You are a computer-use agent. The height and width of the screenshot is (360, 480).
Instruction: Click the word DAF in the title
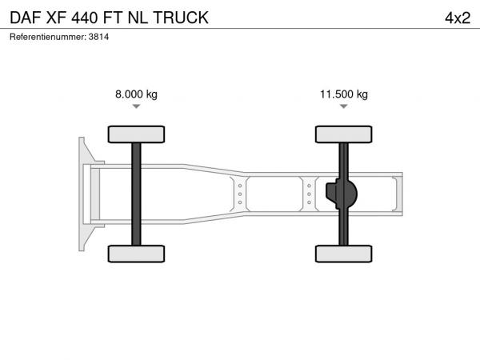click(26, 18)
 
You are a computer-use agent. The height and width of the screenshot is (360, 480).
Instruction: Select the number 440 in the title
click(85, 18)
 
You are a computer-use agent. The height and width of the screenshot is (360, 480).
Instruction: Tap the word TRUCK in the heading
click(181, 18)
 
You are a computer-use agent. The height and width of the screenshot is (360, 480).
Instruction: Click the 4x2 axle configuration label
click(458, 18)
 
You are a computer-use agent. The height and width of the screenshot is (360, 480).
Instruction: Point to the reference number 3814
click(98, 37)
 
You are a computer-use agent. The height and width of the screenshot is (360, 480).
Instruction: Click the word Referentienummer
click(48, 37)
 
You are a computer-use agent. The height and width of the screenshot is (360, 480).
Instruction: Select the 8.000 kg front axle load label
click(136, 94)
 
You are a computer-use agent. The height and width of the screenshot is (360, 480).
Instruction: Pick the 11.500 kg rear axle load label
click(344, 94)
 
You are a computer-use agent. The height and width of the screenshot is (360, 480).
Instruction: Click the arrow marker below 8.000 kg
click(136, 106)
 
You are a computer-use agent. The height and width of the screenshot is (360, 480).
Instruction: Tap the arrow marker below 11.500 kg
click(344, 106)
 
